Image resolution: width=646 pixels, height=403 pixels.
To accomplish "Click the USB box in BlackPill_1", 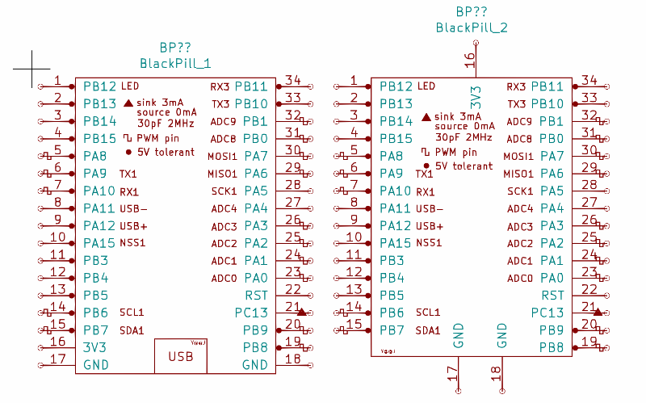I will pos(181,356).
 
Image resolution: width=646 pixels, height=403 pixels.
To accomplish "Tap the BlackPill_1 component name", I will pos(176,63).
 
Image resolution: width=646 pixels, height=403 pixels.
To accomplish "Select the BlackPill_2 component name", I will pos(472,27).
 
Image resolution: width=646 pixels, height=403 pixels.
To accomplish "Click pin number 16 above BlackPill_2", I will pos(470,58).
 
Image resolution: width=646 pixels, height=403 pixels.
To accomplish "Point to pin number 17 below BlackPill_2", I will pos(452,375).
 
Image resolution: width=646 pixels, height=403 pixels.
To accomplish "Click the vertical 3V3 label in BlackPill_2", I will pos(476,98).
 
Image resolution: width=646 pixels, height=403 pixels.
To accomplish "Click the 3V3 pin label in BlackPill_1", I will pos(95,347).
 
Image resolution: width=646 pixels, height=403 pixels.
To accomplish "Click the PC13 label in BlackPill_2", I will pos(547,313).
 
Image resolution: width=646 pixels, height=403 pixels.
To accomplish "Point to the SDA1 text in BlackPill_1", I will pos(132,330).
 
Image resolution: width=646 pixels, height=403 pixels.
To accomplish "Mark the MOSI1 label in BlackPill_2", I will pos(518,157).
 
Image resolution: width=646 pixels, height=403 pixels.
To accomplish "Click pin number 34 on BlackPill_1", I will pos(293,80).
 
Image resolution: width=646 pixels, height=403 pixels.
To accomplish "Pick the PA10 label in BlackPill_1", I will pos(99,191).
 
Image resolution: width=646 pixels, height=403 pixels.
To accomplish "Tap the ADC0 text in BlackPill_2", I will pos(520,279).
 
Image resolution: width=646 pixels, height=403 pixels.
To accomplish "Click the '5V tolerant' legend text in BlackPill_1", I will pos(166,152).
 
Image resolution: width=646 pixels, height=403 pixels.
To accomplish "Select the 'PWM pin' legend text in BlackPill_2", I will pos(455,152).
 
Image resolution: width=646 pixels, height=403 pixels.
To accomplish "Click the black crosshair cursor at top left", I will pos(34,69).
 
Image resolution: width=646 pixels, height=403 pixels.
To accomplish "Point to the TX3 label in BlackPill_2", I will pos(516,104).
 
